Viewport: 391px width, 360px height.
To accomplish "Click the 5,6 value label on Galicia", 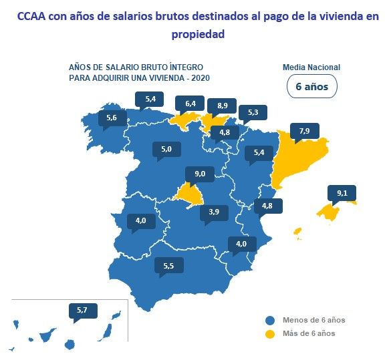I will (112, 118).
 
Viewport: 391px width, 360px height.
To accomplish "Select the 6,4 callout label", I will (190, 103).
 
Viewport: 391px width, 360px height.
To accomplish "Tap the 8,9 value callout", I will (223, 105).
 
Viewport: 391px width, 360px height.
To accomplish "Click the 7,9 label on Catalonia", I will (303, 131).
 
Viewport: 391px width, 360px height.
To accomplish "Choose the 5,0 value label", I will (166, 150).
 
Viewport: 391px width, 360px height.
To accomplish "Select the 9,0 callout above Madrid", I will (200, 174).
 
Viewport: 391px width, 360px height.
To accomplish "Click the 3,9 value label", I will (214, 212).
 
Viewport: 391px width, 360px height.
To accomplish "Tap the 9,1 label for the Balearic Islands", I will (342, 193).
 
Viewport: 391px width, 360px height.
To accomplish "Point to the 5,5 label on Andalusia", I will (168, 266).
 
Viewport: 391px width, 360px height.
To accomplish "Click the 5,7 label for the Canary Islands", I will (82, 310).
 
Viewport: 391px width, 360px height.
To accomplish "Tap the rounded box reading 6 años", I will (311, 86).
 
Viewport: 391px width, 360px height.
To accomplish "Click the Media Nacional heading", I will (311, 67).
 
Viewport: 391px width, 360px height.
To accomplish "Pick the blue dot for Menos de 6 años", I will (270, 320).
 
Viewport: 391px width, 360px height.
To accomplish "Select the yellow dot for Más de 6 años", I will (270, 333).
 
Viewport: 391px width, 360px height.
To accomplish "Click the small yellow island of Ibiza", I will (297, 232).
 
